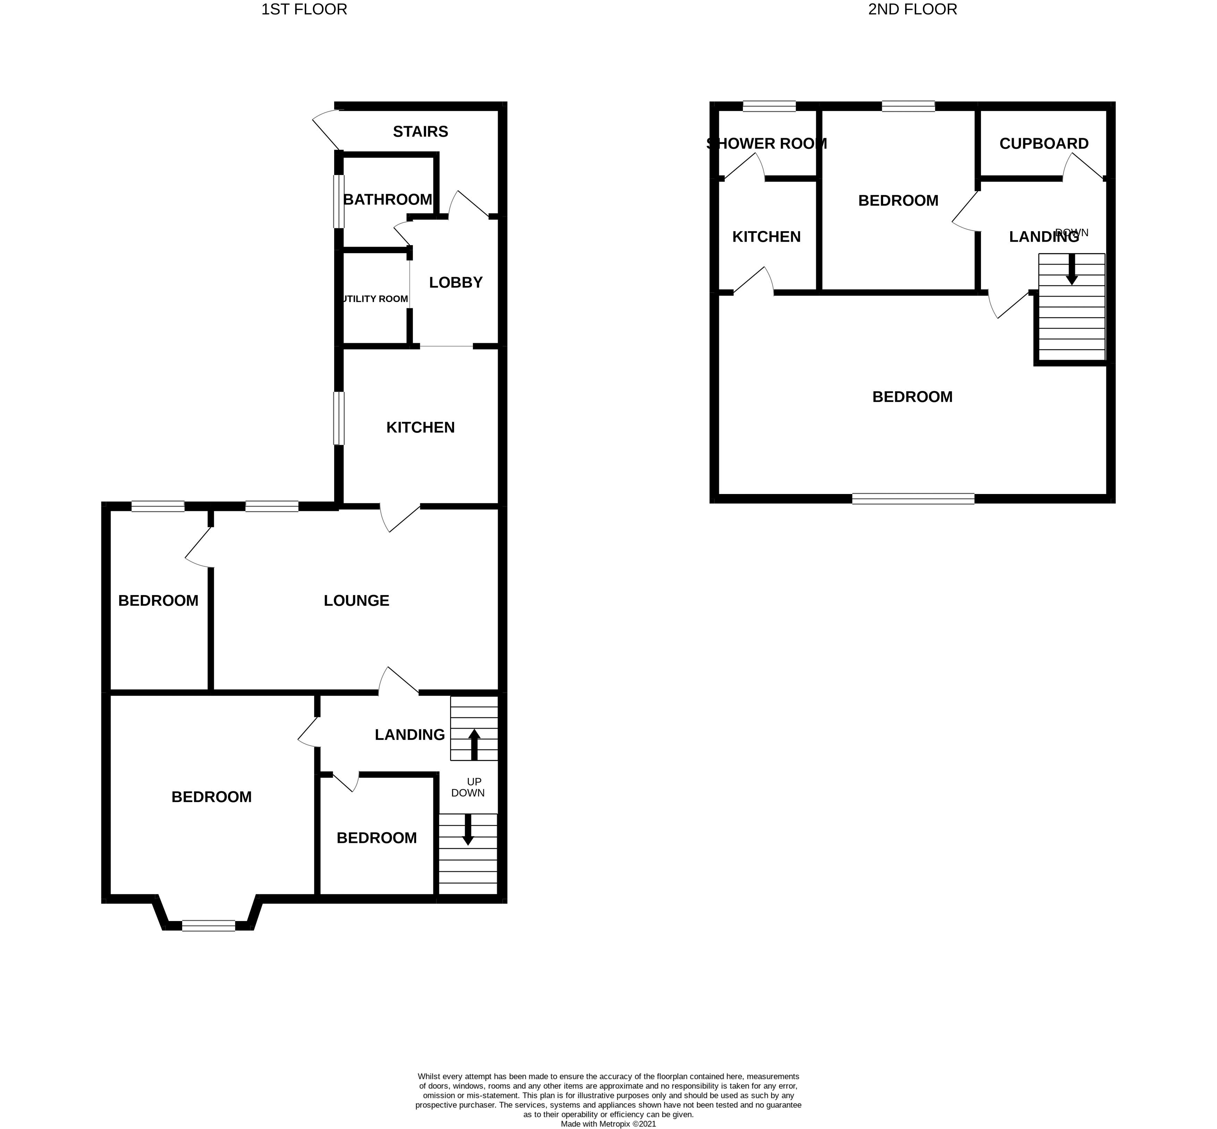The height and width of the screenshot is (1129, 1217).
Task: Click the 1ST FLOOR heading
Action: [x=304, y=10]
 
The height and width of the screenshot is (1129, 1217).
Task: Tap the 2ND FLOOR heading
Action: [x=912, y=10]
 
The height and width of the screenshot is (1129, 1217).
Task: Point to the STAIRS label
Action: [x=420, y=131]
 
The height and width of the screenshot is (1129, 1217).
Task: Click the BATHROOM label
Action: [x=387, y=199]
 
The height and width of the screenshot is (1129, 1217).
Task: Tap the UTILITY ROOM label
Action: [x=374, y=299]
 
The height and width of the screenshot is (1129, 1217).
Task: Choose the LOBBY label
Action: [x=456, y=282]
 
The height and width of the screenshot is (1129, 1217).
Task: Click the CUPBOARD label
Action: [x=1043, y=144]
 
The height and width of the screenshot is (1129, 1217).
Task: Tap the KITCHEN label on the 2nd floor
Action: [x=766, y=236]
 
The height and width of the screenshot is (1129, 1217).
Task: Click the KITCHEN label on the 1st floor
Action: [x=420, y=427]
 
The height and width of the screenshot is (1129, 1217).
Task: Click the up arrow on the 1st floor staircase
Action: [x=474, y=744]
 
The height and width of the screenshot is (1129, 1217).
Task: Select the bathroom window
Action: [x=338, y=202]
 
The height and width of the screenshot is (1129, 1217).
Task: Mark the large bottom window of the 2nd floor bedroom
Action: [x=913, y=499]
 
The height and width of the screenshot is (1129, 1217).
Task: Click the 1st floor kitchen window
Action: [x=338, y=418]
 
